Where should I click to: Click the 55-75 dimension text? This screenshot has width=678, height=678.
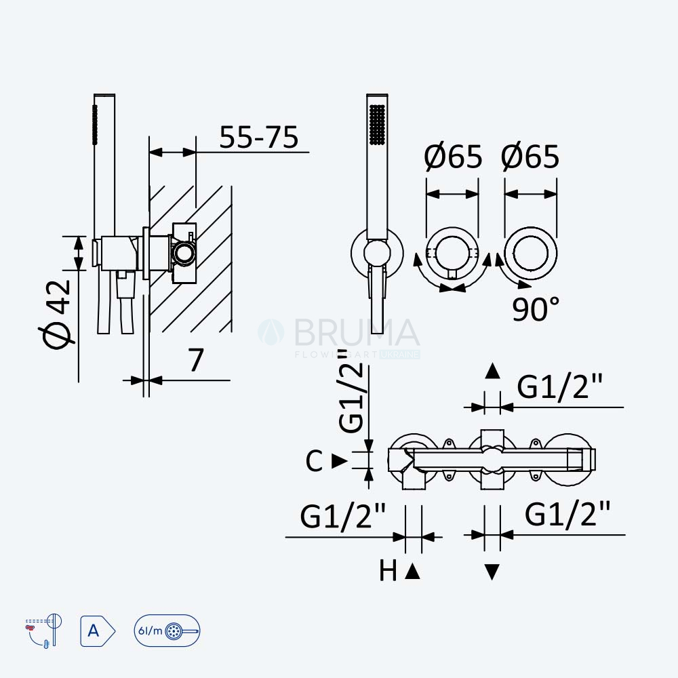(258, 137)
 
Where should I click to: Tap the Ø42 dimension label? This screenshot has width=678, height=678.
(57, 314)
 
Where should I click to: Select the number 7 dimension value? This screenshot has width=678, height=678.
(195, 359)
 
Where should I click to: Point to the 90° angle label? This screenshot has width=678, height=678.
(536, 308)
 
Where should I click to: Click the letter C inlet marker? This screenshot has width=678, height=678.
(314, 461)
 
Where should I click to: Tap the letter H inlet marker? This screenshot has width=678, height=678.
(388, 571)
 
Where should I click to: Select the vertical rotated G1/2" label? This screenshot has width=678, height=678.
(352, 390)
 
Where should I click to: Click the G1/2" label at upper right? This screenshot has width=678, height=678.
(559, 386)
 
